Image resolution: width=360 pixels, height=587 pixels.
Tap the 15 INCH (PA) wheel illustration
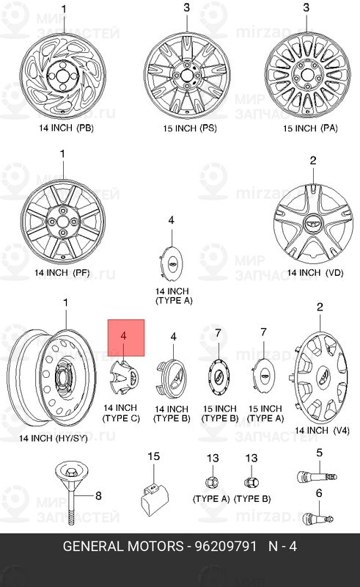click(308, 75)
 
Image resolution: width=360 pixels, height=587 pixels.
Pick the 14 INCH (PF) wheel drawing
click(63, 222)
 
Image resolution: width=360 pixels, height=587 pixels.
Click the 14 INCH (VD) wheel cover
click(313, 225)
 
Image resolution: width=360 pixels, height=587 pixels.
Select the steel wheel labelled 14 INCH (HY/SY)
click(51, 378)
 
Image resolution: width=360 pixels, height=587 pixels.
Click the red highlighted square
click(126, 338)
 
